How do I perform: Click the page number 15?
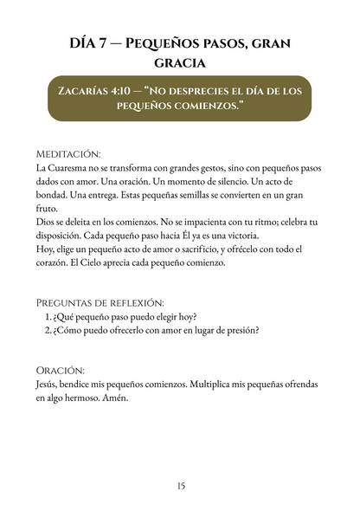[x=180, y=486]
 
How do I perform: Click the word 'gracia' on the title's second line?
[x=179, y=63]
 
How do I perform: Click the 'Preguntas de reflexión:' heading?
[x=100, y=302]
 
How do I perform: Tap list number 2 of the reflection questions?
[x=48, y=330]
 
